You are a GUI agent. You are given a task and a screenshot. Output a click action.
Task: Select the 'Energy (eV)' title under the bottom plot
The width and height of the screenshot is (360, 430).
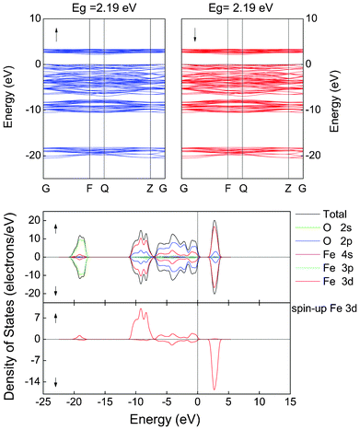tap(164, 419)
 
